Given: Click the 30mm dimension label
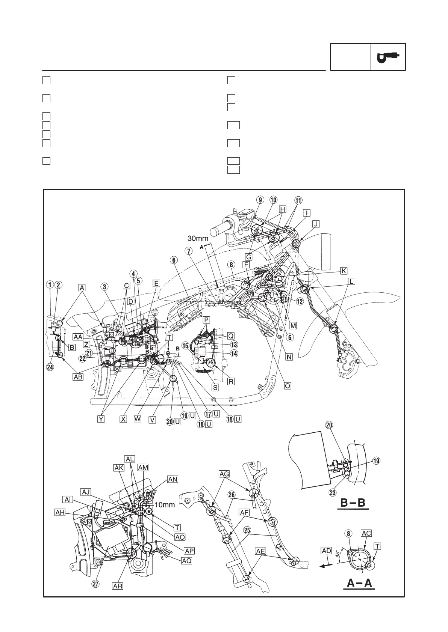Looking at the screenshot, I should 198,238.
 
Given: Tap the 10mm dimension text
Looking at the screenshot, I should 165,505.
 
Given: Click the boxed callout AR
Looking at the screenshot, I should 118,585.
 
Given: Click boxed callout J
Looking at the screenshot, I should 316,224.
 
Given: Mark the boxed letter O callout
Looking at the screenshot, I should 288,385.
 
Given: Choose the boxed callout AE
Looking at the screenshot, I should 260,551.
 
